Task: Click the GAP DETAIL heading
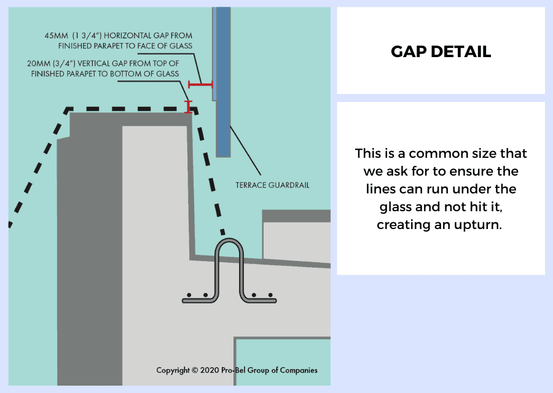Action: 441,52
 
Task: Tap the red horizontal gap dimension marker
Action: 200,84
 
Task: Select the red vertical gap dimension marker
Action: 189,107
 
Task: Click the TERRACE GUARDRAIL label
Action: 272,185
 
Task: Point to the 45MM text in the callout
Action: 56,36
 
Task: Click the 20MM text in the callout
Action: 39,63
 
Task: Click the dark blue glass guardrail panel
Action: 223,82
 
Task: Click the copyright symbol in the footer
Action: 195,370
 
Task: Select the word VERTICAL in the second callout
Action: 93,63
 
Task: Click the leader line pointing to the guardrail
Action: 245,150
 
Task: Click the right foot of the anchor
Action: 259,300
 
